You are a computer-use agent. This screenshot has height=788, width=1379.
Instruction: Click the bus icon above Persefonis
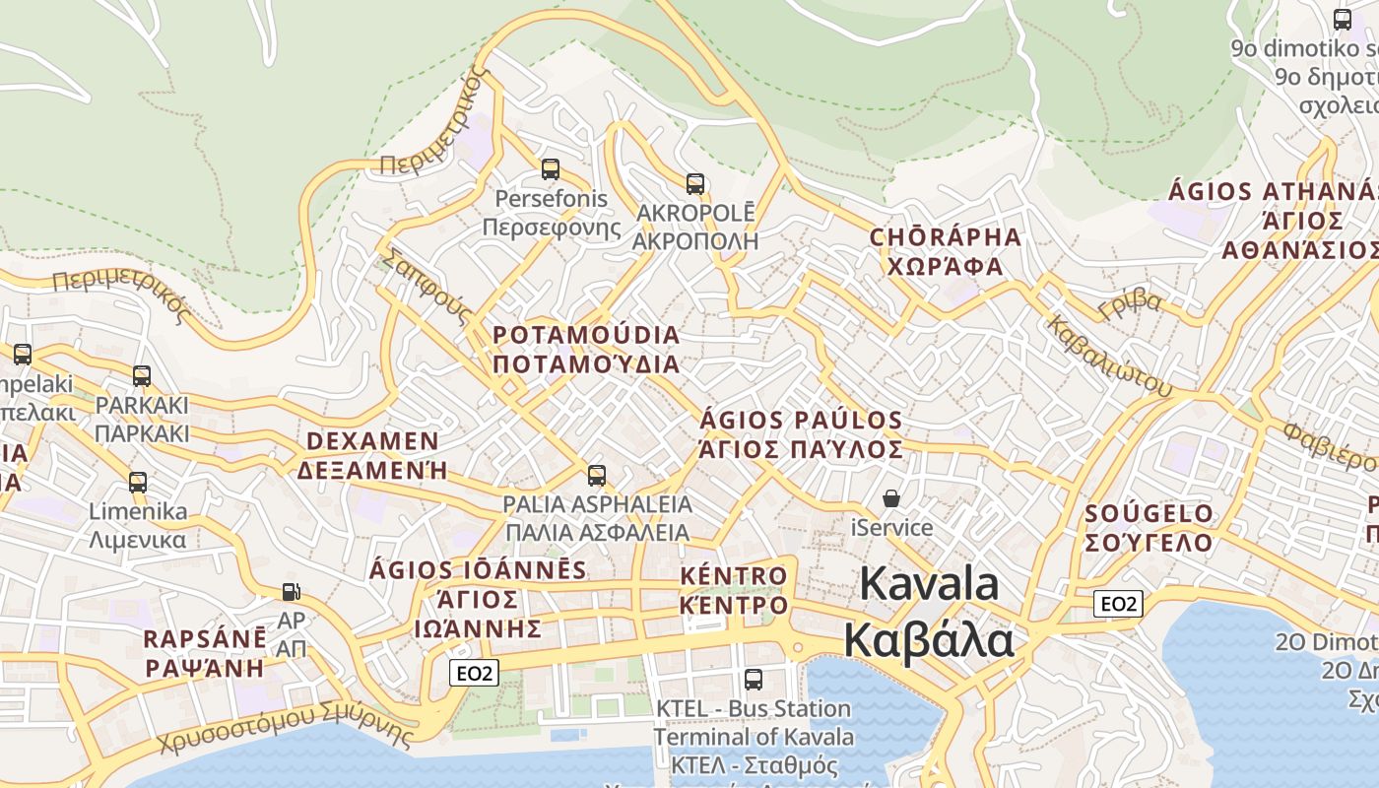click(x=551, y=169)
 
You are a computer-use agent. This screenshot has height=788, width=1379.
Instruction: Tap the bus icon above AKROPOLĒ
click(x=695, y=184)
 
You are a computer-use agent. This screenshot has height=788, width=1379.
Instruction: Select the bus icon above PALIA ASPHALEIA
click(x=597, y=476)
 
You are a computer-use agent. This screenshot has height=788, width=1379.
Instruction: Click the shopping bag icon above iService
click(x=891, y=499)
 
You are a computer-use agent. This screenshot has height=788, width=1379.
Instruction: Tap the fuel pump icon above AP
click(x=291, y=592)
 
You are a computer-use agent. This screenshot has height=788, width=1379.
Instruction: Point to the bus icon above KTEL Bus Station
click(x=754, y=679)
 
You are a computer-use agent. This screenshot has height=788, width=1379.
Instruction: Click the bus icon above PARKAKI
click(x=142, y=376)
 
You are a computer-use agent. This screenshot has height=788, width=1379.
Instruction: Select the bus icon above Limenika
click(x=138, y=483)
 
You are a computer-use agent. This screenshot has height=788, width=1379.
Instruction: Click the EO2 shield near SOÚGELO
click(x=1118, y=604)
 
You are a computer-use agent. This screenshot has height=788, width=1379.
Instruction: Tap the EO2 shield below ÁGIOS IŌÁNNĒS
click(x=474, y=674)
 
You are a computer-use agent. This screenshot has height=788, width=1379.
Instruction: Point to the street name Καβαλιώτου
click(x=1109, y=356)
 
